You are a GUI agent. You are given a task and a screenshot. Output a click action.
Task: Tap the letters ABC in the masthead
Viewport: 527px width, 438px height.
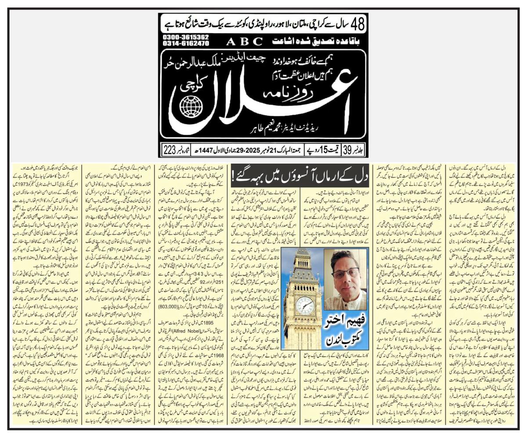[245, 42]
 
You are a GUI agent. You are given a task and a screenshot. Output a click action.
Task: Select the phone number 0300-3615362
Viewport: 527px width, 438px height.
[186, 38]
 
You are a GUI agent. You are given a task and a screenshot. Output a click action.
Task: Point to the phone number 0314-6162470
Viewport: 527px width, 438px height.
[186, 44]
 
